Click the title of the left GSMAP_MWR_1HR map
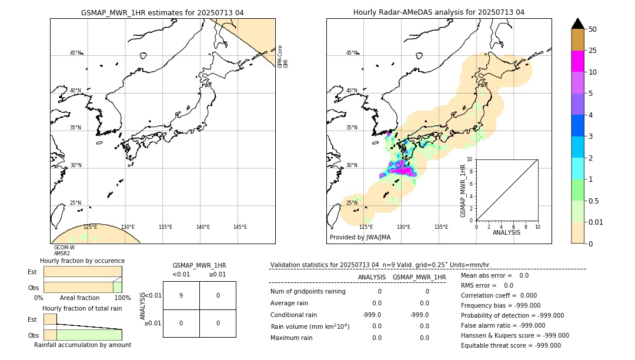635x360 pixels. click(162, 12)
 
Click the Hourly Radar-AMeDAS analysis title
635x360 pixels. click(439, 12)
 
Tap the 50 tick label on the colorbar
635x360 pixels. click(593, 29)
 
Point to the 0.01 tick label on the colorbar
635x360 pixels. click(596, 222)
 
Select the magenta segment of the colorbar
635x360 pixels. click(578, 61)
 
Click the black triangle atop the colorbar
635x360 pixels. click(578, 24)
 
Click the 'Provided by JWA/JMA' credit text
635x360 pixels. click(360, 238)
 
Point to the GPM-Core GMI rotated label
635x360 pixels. click(282, 56)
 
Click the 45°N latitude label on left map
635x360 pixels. click(75, 53)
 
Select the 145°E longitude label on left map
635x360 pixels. click(240, 227)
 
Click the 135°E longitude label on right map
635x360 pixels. click(441, 227)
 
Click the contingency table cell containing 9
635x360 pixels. click(181, 295)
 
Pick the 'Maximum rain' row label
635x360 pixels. click(292, 338)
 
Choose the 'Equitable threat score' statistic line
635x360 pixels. click(511, 345)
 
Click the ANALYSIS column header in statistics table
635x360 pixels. click(372, 277)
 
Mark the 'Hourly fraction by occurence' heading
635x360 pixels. click(82, 261)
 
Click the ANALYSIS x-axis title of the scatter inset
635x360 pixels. click(506, 232)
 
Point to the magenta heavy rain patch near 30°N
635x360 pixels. click(401, 169)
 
